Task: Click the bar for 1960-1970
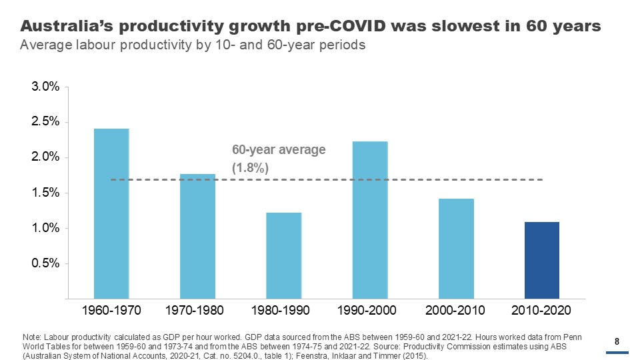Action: click(x=111, y=213)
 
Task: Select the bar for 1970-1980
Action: click(x=197, y=236)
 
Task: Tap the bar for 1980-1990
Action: click(x=283, y=255)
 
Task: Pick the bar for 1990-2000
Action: click(x=370, y=219)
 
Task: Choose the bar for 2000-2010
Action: click(x=456, y=248)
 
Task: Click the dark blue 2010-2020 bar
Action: click(x=542, y=260)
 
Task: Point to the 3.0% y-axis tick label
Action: click(x=46, y=87)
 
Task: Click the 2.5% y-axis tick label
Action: click(x=46, y=123)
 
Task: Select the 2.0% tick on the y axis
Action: click(x=46, y=158)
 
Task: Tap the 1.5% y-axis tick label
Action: click(x=46, y=193)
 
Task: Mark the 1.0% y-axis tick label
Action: click(x=46, y=229)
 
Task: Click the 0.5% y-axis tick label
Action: click(x=46, y=264)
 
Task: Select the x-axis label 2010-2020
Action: click(x=542, y=311)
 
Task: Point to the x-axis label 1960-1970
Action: click(x=111, y=311)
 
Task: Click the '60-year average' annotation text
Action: click(x=279, y=150)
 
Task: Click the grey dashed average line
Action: click(x=400, y=180)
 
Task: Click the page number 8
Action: click(x=617, y=342)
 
